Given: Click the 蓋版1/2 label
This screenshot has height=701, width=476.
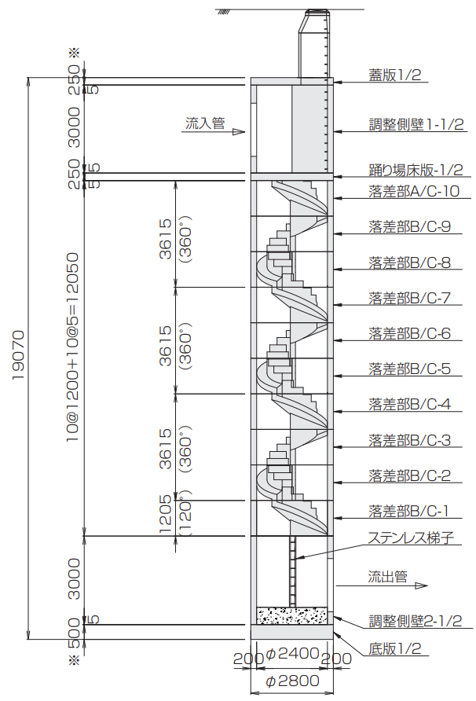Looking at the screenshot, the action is click(x=394, y=75).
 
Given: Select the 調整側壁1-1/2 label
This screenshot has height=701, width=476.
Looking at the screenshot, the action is click(x=416, y=124).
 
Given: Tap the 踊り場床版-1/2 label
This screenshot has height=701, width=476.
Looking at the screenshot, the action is click(x=416, y=170).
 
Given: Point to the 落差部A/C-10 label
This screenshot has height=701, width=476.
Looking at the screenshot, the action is click(x=414, y=191).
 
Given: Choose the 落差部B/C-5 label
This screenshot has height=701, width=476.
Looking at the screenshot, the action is click(x=409, y=369).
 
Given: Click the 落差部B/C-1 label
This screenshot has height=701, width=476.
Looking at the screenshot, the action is click(x=408, y=511).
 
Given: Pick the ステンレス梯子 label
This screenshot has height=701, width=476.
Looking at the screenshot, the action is click(x=411, y=538).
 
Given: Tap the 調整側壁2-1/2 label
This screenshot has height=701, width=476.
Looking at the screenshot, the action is click(x=416, y=621).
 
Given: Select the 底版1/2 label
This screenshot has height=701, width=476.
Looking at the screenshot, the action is click(x=394, y=648).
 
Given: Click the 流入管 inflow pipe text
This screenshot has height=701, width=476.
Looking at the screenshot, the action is click(x=205, y=123).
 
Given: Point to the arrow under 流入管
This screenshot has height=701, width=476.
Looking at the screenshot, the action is click(x=233, y=132).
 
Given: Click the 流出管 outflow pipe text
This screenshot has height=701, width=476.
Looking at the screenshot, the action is click(x=387, y=577).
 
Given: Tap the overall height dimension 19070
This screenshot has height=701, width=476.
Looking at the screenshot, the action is click(x=18, y=356).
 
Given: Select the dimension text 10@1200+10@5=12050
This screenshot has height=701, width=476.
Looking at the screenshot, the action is click(x=73, y=347).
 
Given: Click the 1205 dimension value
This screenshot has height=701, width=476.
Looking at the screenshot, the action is click(x=166, y=515).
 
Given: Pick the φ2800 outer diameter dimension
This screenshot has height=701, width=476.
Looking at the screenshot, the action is click(x=293, y=681).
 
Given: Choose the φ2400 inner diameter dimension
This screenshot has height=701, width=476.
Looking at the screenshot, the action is click(x=292, y=653).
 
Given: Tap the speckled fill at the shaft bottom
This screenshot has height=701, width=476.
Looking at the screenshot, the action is click(x=292, y=615).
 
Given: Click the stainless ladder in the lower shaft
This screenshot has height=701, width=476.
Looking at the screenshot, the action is click(x=293, y=571).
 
